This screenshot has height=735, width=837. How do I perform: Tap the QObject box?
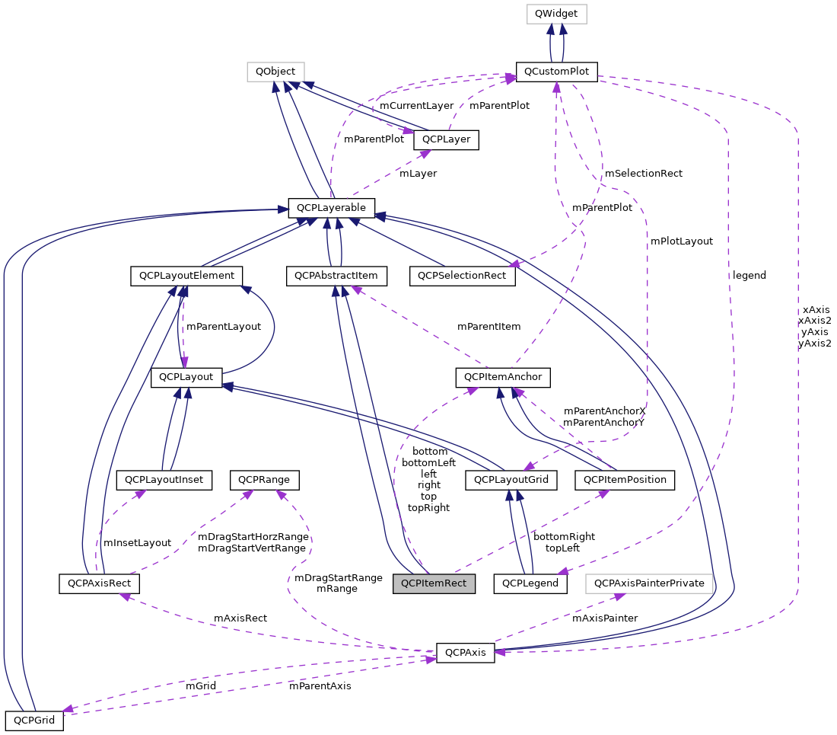tap(275, 72)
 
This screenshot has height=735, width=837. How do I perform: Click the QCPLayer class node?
tap(446, 140)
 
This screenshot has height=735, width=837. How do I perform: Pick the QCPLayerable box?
tap(331, 207)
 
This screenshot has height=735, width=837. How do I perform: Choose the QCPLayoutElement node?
tap(186, 275)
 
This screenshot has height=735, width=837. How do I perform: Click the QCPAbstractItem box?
tap(337, 275)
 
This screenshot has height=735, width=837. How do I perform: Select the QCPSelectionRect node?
tap(462, 275)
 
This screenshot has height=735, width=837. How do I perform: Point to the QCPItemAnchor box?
tap(502, 376)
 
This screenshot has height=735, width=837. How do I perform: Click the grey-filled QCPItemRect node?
tap(434, 584)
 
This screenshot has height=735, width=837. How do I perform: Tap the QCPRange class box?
tap(269, 480)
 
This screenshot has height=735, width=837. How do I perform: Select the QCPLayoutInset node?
tap(164, 480)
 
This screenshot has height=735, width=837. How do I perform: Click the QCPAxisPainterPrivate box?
tap(650, 584)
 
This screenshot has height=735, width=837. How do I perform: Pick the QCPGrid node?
tap(33, 720)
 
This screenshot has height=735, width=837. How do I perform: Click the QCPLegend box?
tap(530, 584)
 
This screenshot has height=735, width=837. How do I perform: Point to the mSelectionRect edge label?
tap(643, 174)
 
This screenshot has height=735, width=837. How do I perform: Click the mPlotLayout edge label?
tap(681, 241)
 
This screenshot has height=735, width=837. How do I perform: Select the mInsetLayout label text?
tap(137, 543)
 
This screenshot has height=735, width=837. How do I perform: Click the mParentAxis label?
tap(320, 686)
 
